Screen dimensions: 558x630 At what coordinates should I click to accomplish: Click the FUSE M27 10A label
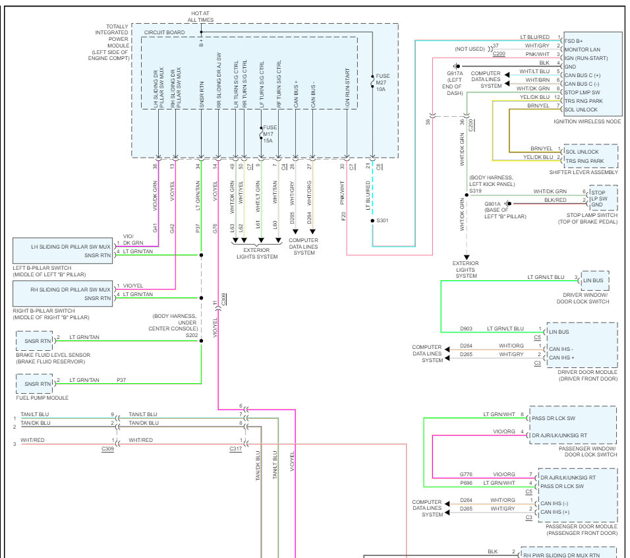click(x=382, y=82)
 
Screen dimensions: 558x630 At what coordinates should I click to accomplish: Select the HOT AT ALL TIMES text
click(x=200, y=16)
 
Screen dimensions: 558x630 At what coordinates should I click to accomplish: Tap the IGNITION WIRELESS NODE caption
click(x=587, y=122)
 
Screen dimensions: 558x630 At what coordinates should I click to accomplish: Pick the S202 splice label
click(x=191, y=335)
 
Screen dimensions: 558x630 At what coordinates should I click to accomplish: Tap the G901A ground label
click(x=493, y=204)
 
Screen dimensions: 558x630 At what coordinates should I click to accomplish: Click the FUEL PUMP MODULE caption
click(x=43, y=398)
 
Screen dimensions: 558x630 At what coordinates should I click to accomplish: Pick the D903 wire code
click(x=467, y=328)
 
